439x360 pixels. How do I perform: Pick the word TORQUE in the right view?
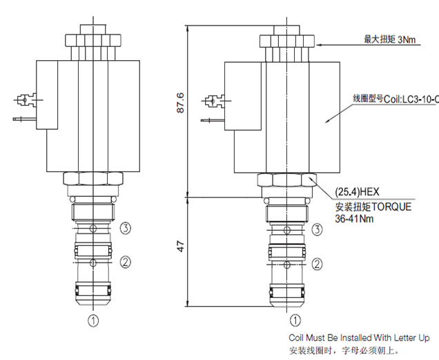click(x=389, y=206)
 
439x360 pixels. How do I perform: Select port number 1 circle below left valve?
click(x=93, y=319)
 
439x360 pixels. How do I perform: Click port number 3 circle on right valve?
click(x=317, y=229)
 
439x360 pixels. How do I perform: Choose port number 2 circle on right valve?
click(x=317, y=263)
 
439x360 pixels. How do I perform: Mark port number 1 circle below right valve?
click(x=295, y=320)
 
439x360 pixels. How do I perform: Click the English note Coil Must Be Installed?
click(x=359, y=338)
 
